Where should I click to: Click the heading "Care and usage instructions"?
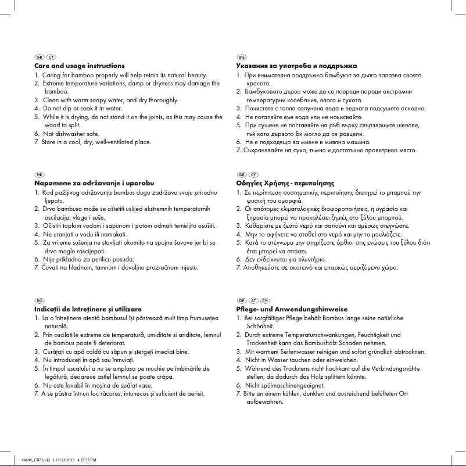coord(79,66)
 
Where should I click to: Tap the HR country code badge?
coord(40,174)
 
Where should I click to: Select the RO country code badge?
coord(40,299)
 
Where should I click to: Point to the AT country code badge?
coord(253,299)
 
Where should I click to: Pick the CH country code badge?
coord(265,299)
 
